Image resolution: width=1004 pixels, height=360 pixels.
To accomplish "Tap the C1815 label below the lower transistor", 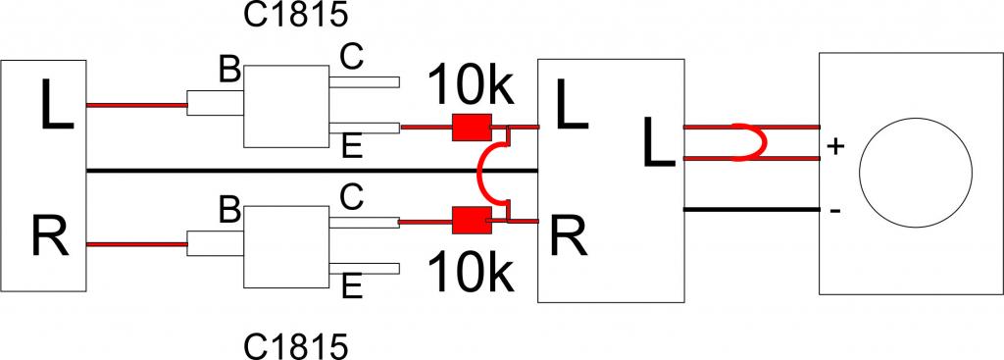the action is point(296,347).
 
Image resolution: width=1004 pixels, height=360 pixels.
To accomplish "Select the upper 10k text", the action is point(472,85).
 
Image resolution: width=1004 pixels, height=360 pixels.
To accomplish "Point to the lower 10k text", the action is point(472,273).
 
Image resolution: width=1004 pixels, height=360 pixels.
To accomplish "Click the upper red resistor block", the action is point(472,127).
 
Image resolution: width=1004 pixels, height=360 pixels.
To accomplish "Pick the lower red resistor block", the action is point(472,221).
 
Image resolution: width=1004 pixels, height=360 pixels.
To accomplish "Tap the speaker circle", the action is point(916,172).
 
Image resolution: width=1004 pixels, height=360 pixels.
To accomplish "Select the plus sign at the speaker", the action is point(835,147).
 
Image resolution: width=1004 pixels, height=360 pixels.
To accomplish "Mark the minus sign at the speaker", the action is point(835,210).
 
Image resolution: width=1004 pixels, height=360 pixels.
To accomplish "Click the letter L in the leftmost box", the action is point(56,104).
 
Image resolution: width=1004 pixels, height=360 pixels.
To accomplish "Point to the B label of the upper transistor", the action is point(229,70).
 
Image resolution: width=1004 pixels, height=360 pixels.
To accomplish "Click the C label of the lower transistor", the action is point(352,198).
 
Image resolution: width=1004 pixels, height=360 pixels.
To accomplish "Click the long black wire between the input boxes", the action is point(312,171).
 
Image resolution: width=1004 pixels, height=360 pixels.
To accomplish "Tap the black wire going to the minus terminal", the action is point(752,210).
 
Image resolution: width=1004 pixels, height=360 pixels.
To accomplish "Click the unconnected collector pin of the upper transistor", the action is point(365,82).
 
